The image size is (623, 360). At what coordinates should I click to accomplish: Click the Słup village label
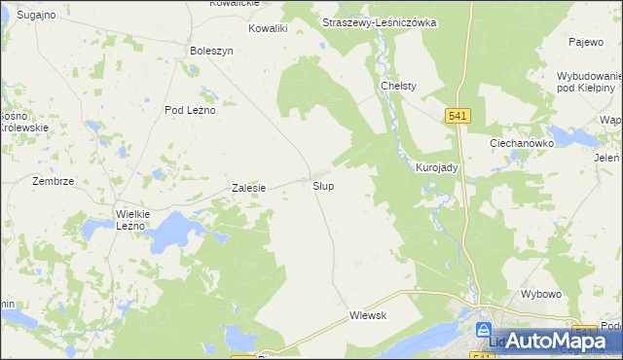(x=324, y=185)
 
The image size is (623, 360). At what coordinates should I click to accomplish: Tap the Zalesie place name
(x=248, y=188)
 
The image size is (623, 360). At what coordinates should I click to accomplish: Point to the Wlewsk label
(x=368, y=315)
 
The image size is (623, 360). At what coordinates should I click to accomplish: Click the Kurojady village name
(x=437, y=167)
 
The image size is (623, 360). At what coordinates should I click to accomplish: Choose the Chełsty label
(x=398, y=86)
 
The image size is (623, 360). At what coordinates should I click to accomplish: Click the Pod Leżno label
(x=190, y=110)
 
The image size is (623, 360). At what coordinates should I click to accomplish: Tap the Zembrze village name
(x=53, y=181)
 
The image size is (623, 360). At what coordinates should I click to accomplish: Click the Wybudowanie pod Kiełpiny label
(x=589, y=82)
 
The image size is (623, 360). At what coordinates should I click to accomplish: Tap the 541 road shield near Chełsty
(x=459, y=116)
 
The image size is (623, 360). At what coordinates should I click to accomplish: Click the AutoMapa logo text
(x=556, y=341)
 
